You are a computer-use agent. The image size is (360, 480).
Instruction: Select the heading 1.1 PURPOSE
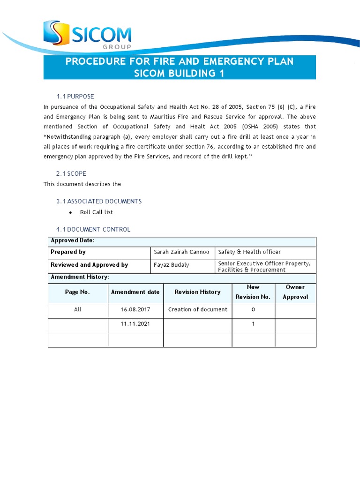(75, 97)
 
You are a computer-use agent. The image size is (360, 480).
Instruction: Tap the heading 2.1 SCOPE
(71, 173)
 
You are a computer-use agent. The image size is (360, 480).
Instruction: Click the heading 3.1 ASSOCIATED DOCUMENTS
(99, 201)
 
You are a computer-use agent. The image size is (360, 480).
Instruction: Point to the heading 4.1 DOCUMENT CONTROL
(93, 229)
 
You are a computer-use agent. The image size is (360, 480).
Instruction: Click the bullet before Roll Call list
(70, 212)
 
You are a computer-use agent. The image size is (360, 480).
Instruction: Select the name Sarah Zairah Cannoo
(181, 252)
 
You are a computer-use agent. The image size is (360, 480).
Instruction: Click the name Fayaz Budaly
(172, 265)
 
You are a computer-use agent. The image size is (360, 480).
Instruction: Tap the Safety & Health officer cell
(249, 252)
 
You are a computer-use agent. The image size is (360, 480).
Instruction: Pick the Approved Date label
(73, 240)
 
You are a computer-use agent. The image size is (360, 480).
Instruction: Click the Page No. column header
(77, 292)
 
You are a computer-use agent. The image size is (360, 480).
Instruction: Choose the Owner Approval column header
(295, 292)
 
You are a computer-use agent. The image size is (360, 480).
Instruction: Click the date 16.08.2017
(135, 310)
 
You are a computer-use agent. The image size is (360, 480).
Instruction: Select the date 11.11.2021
(135, 324)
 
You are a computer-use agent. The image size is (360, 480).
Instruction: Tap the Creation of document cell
(197, 310)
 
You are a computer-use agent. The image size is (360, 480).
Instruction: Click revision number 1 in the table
(253, 324)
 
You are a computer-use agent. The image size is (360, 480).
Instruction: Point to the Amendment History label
(80, 277)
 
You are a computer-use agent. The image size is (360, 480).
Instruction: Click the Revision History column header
(197, 292)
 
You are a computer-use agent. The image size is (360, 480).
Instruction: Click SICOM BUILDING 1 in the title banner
(180, 74)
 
